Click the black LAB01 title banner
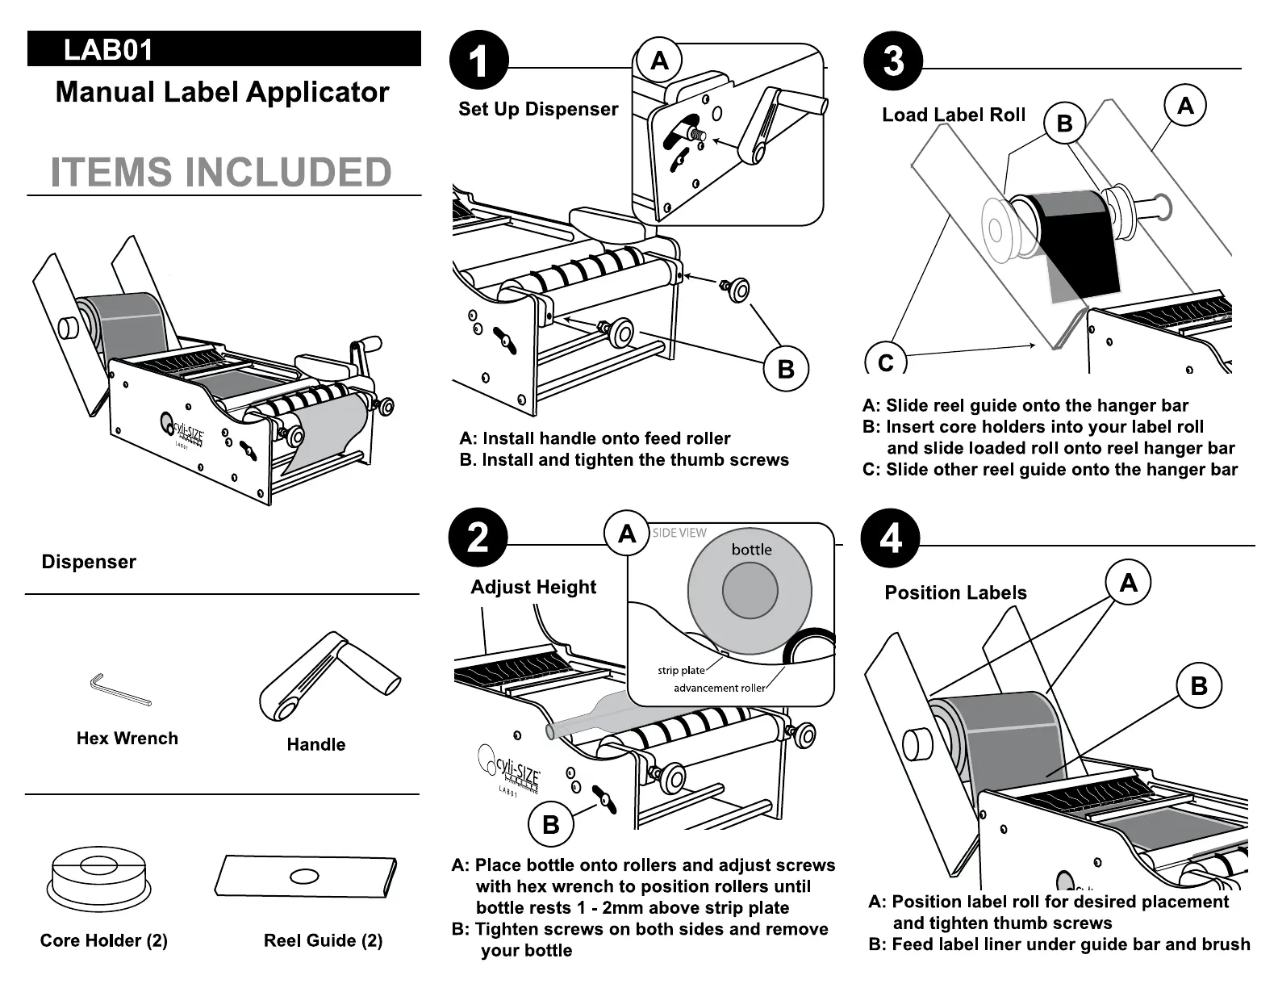coord(223,48)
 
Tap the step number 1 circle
coord(478,61)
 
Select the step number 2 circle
coord(478,538)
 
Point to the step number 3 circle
coord(893,61)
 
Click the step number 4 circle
coord(891,538)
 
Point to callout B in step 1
coord(785,369)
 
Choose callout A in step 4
coord(1128,582)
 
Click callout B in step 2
coord(551,824)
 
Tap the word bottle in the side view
coord(751,550)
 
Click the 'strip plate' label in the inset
coord(681,670)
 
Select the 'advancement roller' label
coord(718,688)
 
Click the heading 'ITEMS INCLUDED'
coord(221,173)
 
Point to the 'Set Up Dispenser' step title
coord(538,109)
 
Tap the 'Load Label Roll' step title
coord(954,115)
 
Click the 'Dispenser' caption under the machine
coord(89,562)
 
